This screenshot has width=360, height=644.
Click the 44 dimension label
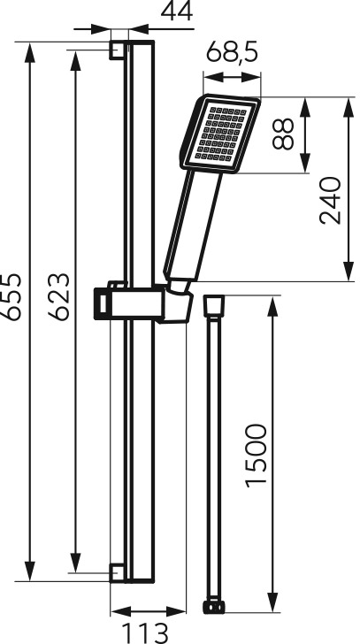[177, 11]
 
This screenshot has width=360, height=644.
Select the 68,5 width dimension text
[232, 53]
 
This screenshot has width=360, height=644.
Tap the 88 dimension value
[283, 134]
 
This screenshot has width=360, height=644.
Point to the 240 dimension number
[331, 201]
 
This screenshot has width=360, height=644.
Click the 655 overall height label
[11, 296]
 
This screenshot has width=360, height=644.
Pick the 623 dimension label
[58, 296]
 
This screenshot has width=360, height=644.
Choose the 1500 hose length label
[257, 456]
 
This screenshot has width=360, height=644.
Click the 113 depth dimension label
[145, 632]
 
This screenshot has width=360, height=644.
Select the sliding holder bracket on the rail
[143, 303]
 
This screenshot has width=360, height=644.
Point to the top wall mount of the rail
[117, 50]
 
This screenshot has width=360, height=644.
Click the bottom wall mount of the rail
[117, 573]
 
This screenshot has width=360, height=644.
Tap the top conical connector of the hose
[214, 306]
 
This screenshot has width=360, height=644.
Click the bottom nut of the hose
[214, 608]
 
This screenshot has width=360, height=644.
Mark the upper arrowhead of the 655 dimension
[29, 52]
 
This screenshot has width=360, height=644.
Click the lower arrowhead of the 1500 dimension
[272, 602]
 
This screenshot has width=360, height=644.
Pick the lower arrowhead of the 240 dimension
[349, 271]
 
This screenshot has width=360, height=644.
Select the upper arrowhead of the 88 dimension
[304, 108]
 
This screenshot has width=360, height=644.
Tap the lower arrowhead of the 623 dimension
[75, 563]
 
